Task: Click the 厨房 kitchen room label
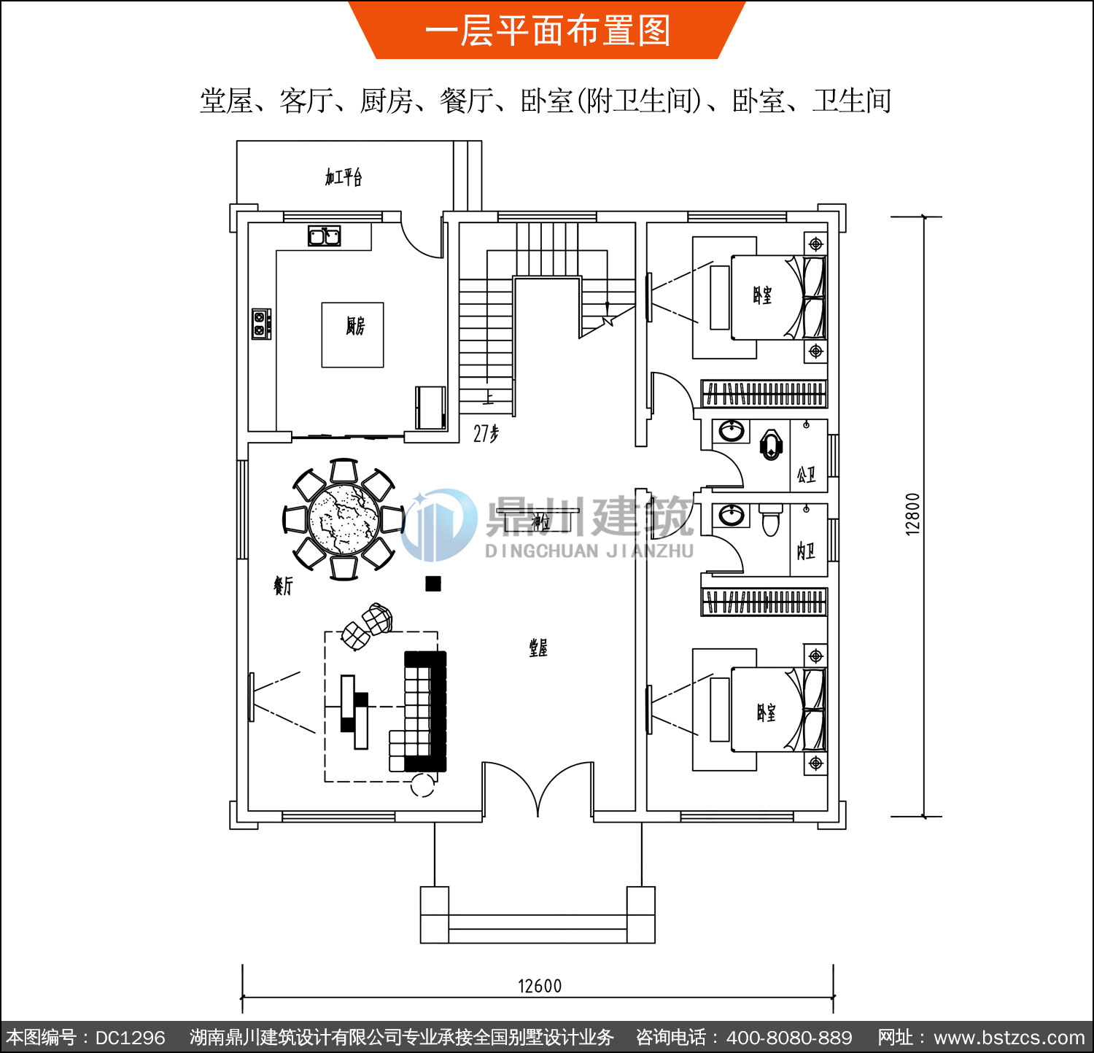click(355, 326)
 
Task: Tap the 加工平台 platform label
click(344, 177)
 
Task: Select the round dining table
click(344, 519)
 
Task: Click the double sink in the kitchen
click(324, 236)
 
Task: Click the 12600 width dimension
click(540, 986)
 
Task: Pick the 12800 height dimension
click(912, 514)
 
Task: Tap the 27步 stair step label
click(486, 434)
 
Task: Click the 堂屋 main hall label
click(538, 648)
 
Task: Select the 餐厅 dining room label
click(283, 585)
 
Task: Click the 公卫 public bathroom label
click(806, 475)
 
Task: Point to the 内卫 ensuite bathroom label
click(806, 551)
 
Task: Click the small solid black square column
click(433, 583)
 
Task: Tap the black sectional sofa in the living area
click(425, 711)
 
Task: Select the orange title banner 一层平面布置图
click(547, 31)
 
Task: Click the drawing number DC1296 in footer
click(130, 1038)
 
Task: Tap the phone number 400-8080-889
click(789, 1038)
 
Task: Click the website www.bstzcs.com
click(1009, 1038)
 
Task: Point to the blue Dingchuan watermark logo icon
click(438, 525)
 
